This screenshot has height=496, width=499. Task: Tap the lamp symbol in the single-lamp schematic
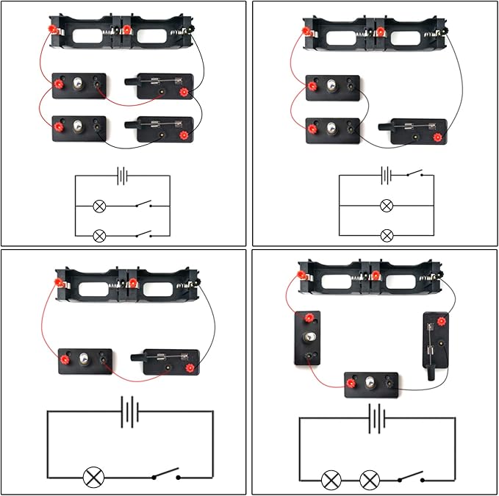pyautogui.click(x=93, y=477)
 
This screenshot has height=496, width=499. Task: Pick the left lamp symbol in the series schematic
pyautogui.click(x=331, y=481)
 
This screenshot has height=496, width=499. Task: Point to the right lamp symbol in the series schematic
pyautogui.click(x=369, y=481)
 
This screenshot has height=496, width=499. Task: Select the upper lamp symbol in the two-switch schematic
pyautogui.click(x=100, y=206)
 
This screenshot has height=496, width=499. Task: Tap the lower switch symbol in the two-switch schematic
pyautogui.click(x=143, y=235)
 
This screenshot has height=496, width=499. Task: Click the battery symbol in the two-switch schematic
pyautogui.click(x=123, y=176)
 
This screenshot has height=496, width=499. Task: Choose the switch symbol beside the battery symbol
pyautogui.click(x=414, y=175)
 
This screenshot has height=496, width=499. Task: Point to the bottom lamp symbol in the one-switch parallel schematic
pyautogui.click(x=387, y=235)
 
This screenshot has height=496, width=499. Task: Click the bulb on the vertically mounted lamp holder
pyautogui.click(x=309, y=338)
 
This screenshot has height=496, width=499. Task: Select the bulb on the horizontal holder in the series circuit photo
pyautogui.click(x=371, y=382)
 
